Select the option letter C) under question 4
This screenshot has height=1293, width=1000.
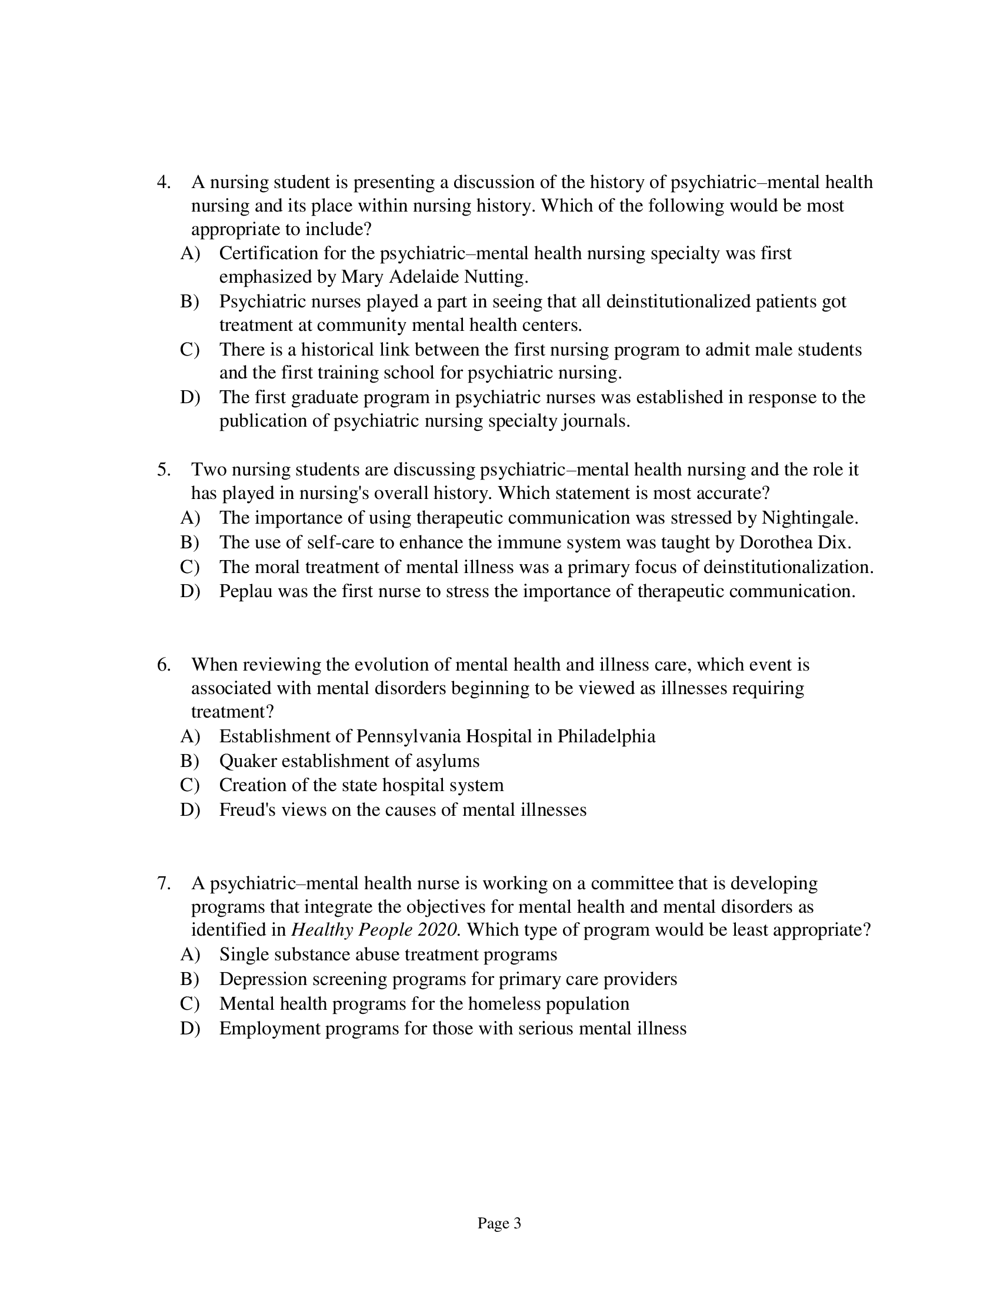[189, 350]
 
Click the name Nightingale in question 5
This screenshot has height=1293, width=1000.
[809, 518]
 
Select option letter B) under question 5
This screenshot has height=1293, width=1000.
[189, 542]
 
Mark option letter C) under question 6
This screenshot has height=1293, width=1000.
[189, 785]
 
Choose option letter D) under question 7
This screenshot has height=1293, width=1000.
[189, 1029]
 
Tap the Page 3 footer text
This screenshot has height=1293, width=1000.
[499, 1223]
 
